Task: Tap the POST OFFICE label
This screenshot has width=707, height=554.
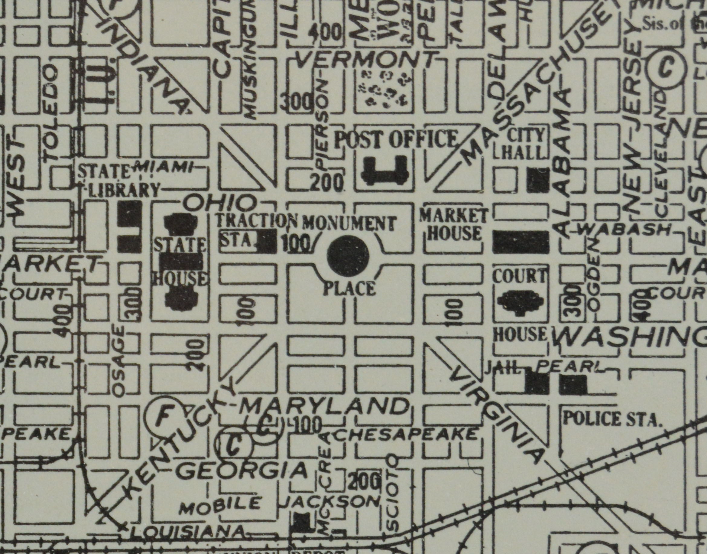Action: [x=395, y=139]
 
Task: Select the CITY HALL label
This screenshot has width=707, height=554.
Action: [x=522, y=144]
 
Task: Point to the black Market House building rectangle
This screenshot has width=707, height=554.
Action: [x=521, y=242]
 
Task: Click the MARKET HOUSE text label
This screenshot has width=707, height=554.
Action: [x=454, y=224]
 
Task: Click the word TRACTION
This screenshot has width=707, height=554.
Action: [x=256, y=221]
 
